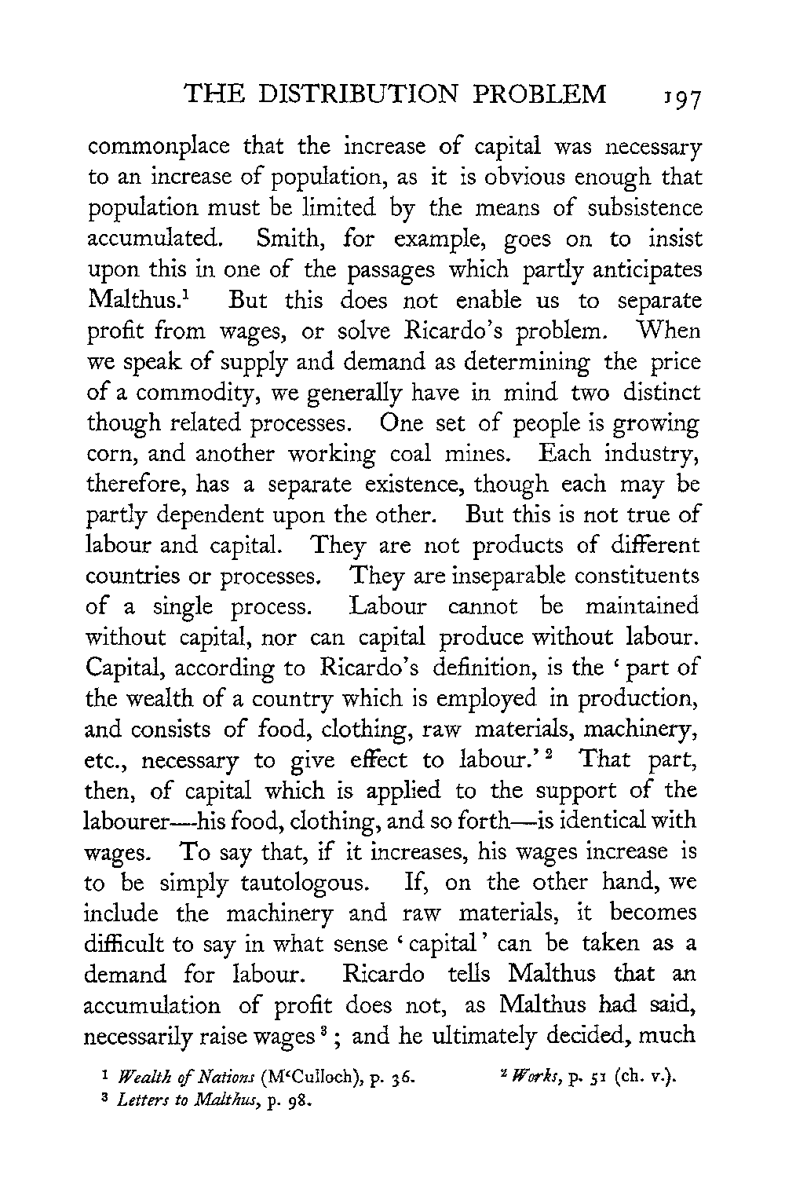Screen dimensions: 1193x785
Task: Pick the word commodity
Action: coord(184,393)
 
